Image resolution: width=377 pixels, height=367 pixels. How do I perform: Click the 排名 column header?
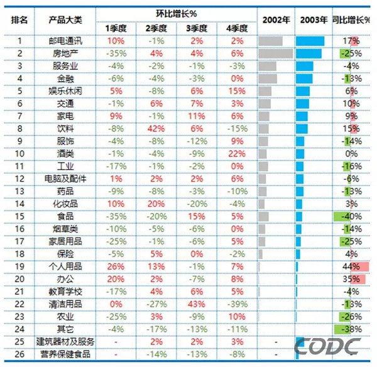(x=19, y=19)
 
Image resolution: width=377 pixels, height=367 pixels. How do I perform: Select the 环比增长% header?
(x=176, y=13)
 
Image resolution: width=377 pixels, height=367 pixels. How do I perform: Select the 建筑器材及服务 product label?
(x=65, y=341)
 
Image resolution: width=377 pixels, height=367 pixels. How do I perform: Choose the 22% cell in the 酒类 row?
(x=237, y=153)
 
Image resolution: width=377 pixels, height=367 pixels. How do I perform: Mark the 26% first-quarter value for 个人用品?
(x=115, y=266)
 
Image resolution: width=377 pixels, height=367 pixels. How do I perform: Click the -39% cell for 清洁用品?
(x=237, y=304)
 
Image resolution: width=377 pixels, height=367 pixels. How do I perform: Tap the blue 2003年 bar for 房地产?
(x=309, y=53)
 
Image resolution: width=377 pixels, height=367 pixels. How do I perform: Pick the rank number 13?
(x=19, y=191)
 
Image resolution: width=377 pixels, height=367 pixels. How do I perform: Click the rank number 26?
(x=19, y=354)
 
